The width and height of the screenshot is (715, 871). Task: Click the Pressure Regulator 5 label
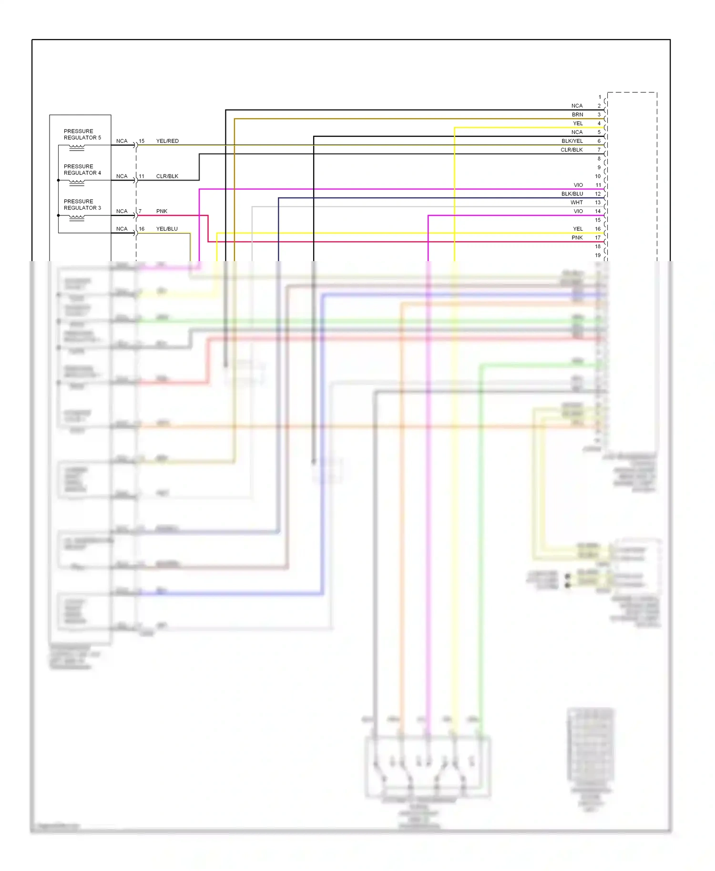(x=82, y=134)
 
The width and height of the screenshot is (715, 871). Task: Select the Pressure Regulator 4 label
(x=82, y=170)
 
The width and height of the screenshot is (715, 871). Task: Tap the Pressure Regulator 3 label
(x=82, y=204)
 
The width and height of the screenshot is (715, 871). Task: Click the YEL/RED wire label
(x=167, y=141)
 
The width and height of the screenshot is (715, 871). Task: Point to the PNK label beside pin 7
(x=162, y=211)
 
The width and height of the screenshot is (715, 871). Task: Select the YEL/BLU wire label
(x=167, y=229)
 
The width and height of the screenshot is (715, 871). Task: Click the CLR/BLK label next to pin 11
(x=167, y=176)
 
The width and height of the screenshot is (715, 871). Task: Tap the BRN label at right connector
(x=577, y=115)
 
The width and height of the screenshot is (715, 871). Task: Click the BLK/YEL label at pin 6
(x=572, y=141)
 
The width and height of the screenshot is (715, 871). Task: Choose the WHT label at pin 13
(x=577, y=203)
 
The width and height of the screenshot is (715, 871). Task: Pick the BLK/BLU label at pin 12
(x=572, y=194)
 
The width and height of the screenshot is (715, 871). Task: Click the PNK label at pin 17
(x=577, y=238)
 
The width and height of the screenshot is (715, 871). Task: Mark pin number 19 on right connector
(x=598, y=255)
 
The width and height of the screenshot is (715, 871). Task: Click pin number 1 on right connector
(x=600, y=97)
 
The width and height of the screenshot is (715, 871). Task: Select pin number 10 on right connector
(x=598, y=176)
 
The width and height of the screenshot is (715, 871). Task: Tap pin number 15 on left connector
(x=142, y=141)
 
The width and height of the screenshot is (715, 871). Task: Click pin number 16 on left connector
(x=142, y=229)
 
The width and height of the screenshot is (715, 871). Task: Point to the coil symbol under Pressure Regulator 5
(x=77, y=148)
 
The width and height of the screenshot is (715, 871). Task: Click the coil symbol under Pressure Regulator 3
(x=77, y=218)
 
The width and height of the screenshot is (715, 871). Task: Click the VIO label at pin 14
(x=578, y=211)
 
